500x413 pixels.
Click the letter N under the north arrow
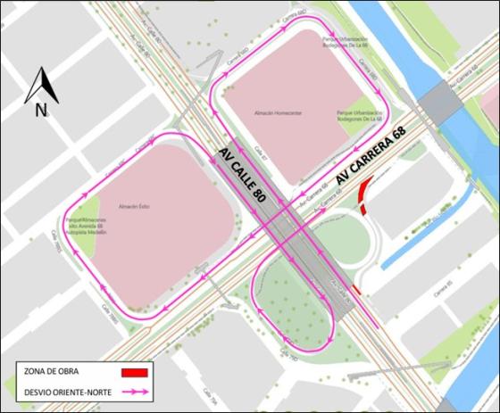tap(41, 111)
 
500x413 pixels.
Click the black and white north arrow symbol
tap(40, 86)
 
